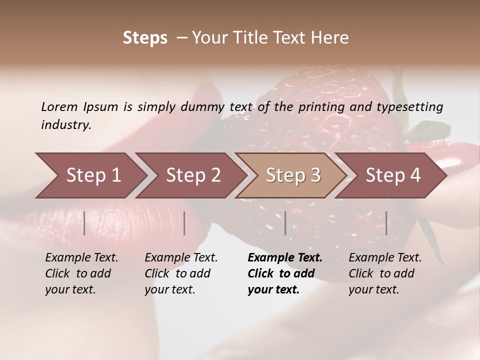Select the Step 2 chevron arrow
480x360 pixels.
[x=193, y=175]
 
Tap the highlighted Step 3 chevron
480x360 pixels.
[x=293, y=175]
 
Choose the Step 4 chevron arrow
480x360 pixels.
[x=393, y=175]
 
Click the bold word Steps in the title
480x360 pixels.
[x=145, y=37]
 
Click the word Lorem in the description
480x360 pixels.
[x=59, y=106]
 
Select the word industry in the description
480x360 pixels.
[x=66, y=124]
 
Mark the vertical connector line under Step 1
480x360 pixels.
[x=84, y=223]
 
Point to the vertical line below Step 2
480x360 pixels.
[x=184, y=223]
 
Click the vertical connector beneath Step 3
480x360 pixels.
[x=285, y=223]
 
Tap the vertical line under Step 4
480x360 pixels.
[x=386, y=223]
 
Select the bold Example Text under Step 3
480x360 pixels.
[x=285, y=258]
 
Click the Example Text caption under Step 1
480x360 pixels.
[x=81, y=258]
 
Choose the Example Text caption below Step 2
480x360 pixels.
[x=181, y=258]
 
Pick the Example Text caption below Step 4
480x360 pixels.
[x=385, y=258]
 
